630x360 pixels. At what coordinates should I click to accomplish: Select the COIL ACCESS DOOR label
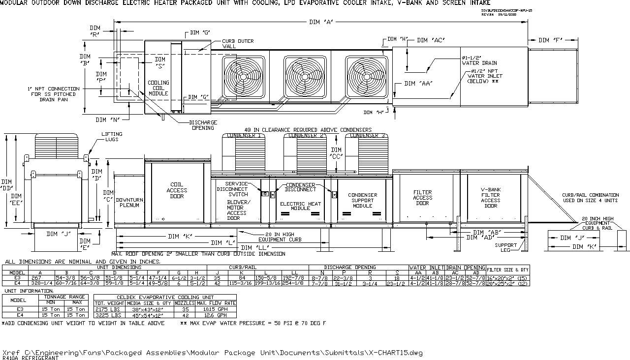pos(177,190)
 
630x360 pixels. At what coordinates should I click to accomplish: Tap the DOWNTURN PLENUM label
pos(129,203)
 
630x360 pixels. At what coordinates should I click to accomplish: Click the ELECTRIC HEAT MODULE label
pos(300,206)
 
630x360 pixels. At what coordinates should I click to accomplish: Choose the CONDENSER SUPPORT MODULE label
pos(362,200)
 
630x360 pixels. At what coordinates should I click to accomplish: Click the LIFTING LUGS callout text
pos(112,137)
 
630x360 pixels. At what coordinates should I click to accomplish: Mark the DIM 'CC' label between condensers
pos(336,153)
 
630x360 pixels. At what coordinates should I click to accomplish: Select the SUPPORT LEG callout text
pos(505,247)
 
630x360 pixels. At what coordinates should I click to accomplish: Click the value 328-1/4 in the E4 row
pos(41,283)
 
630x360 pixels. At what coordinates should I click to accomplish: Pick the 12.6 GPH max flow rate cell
pos(216,314)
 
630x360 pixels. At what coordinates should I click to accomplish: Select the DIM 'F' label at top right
pos(551,40)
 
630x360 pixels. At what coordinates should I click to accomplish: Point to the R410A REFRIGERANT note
pos(31,359)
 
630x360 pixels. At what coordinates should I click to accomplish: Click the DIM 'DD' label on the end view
pos(7,185)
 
